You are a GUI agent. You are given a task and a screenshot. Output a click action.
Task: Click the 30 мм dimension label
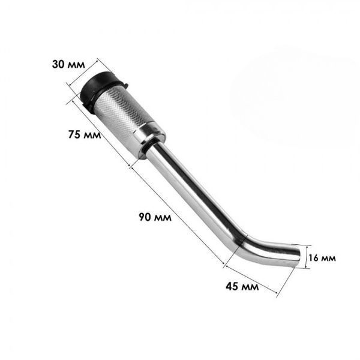pos(68,64)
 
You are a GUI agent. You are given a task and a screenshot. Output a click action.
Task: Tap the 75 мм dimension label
pos(85,134)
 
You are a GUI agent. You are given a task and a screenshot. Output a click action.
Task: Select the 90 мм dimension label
pos(155,217)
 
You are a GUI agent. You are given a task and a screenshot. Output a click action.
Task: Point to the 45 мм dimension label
pos(242,287)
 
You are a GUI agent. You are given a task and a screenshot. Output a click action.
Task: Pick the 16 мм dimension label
pos(322,258)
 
